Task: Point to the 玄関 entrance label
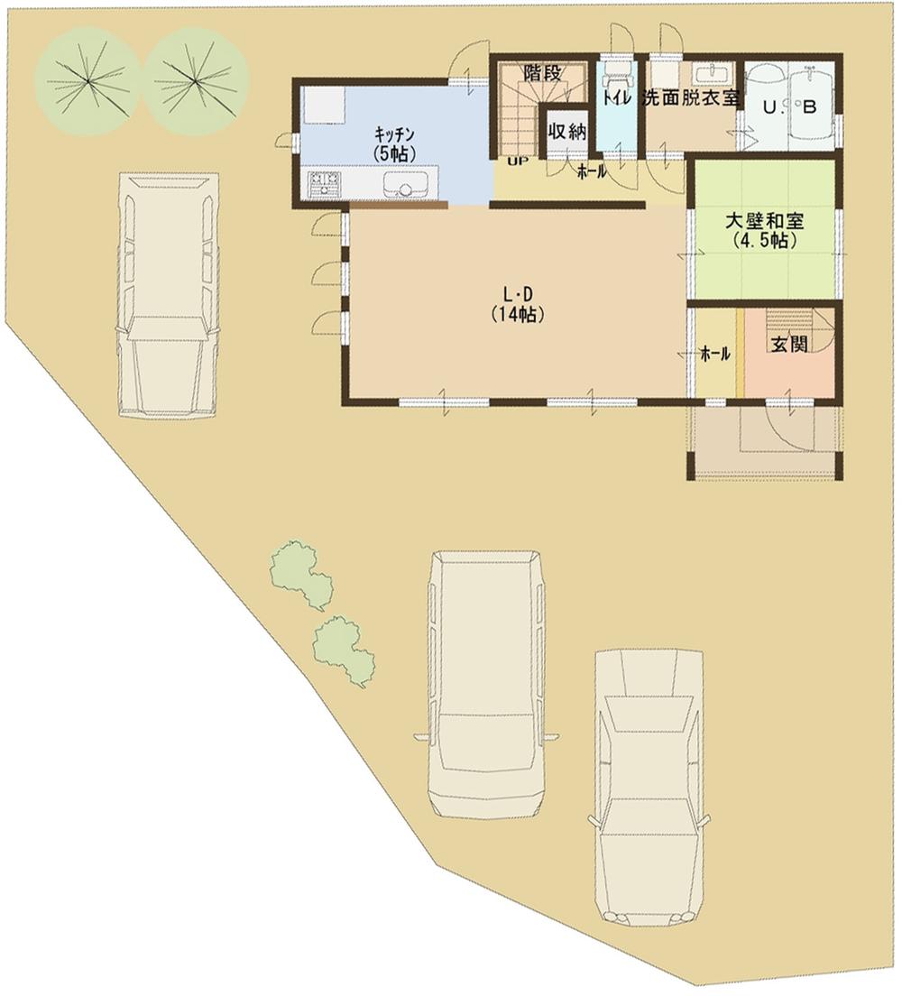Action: click(x=787, y=345)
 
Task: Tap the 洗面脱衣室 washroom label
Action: click(x=690, y=98)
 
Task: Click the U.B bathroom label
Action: click(x=789, y=107)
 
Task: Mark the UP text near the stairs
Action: click(x=518, y=162)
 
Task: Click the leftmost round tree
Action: click(x=87, y=81)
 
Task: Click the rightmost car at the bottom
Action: click(x=649, y=785)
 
